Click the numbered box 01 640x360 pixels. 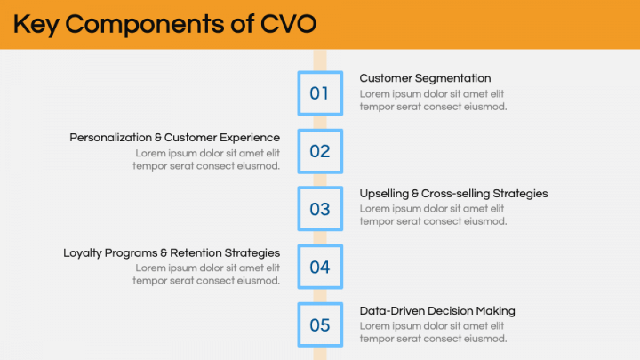pos(319,93)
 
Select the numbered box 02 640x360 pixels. pos(319,151)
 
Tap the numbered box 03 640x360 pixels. pos(319,209)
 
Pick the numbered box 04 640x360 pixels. pos(319,267)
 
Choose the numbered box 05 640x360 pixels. pos(319,324)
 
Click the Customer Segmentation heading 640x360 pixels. pos(425,78)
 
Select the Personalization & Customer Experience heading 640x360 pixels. pos(175,138)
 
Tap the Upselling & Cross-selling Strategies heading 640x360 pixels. pos(453,193)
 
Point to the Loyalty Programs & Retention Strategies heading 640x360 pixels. pos(172,252)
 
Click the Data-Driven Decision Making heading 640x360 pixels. pos(437,310)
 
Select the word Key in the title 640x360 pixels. pos(36,24)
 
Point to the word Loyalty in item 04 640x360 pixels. pos(84,252)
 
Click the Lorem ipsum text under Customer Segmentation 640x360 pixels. pos(433,100)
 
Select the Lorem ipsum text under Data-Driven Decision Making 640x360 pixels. pos(433,332)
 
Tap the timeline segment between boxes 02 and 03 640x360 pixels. pos(319,180)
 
